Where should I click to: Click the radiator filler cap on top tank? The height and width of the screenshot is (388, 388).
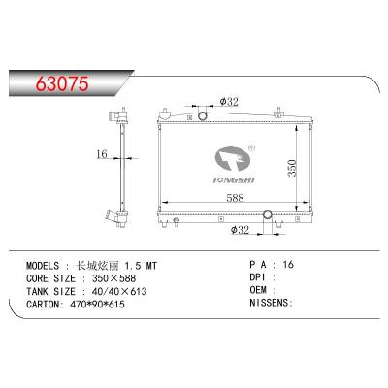click(x=204, y=117)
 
